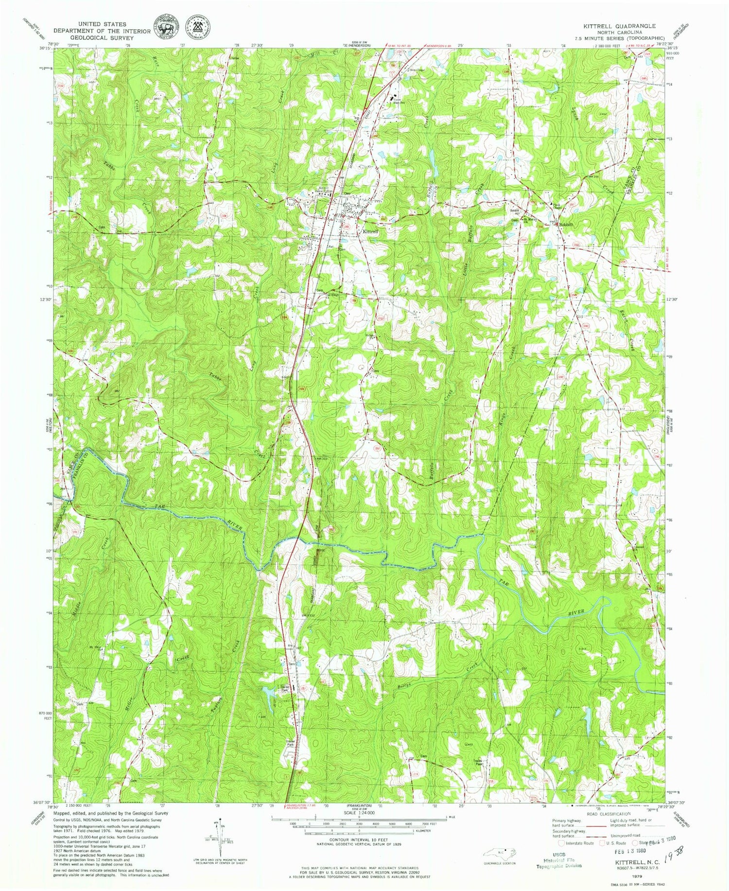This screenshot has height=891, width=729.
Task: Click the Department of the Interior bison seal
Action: click(166, 27)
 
